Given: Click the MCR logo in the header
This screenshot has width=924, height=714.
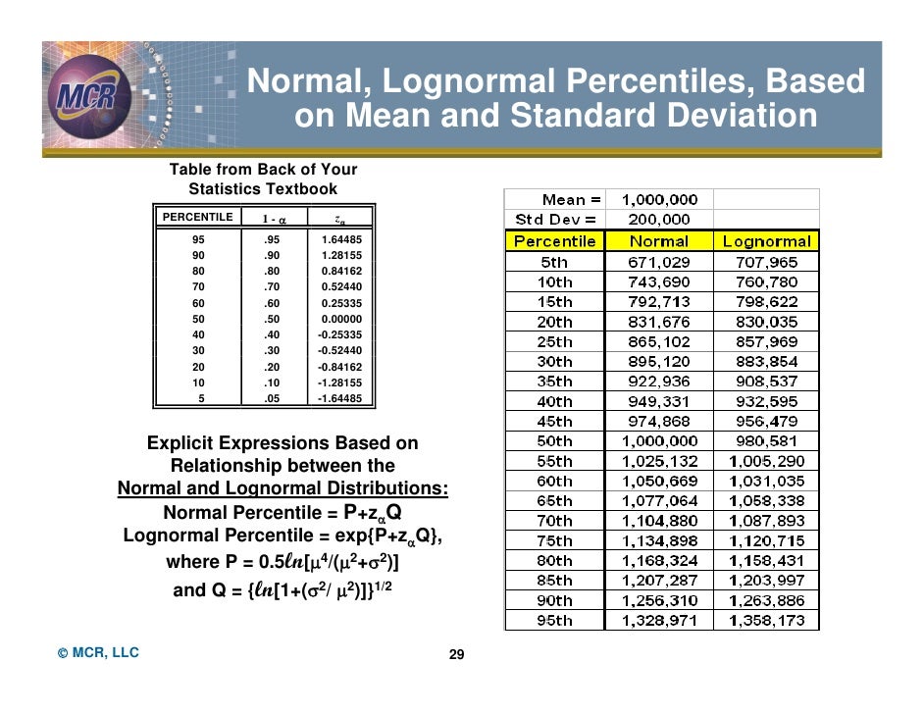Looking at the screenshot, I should [93, 95].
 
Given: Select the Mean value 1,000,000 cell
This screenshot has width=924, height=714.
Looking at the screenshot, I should [658, 199].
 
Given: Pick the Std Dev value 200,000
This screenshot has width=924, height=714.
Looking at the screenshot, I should [658, 220].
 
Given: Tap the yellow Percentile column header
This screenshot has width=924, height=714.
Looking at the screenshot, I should [554, 241].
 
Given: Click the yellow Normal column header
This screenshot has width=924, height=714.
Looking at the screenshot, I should [658, 241].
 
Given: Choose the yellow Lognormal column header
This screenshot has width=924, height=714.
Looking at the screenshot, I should [766, 241].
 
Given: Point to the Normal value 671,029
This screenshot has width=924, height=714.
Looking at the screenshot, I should [658, 262].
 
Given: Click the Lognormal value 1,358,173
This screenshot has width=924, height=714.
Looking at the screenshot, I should [766, 621].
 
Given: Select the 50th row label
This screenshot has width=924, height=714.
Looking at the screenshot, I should [554, 441].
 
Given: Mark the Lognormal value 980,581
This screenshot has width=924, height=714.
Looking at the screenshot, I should [766, 441].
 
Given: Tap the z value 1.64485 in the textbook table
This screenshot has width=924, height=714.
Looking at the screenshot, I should [341, 239].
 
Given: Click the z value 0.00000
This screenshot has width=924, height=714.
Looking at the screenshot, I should [341, 319].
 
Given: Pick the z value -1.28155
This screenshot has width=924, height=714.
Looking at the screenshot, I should [339, 382].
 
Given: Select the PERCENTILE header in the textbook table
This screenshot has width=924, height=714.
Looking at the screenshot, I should [196, 217].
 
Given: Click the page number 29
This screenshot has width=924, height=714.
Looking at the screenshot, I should [455, 655].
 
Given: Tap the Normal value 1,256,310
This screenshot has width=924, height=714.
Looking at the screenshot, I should [658, 600].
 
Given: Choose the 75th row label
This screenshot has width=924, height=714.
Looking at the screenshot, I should [554, 540].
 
